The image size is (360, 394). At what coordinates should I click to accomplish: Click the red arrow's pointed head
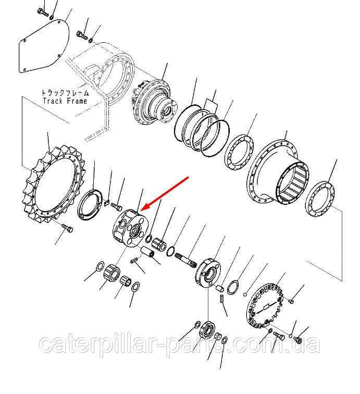[x=141, y=209]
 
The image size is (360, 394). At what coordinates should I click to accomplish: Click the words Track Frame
[x=65, y=101]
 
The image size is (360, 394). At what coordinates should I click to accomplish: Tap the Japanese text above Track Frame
[x=65, y=93]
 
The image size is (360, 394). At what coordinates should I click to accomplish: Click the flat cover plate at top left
[x=44, y=47]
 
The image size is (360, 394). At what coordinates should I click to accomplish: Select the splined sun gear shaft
[x=186, y=260]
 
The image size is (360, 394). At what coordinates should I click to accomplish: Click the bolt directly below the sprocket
[x=67, y=228]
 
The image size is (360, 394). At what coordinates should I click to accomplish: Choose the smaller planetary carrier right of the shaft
[x=207, y=273]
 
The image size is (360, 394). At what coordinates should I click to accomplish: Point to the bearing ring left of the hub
[x=239, y=153]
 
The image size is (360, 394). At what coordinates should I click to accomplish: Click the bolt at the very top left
[x=42, y=12]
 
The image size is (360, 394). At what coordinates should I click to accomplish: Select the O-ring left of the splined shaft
[x=170, y=251]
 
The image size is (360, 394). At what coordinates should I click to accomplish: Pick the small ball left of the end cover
[x=245, y=294]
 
